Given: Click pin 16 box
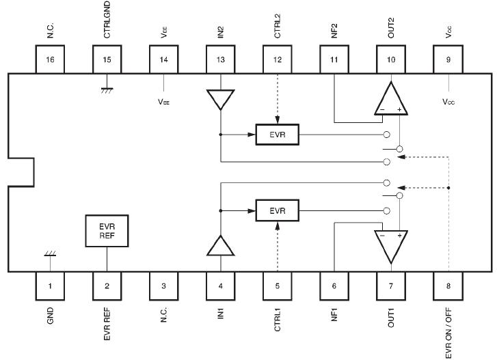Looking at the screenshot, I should coord(49,60).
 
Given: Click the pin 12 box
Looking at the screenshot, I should coord(277,60).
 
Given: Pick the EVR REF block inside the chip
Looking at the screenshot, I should coord(106,231).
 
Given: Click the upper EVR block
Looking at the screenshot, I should coord(277,134).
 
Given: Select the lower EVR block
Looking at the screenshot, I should coord(277,210).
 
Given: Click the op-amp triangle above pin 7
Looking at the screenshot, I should coord(391,245).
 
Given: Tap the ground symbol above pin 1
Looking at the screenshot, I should coord(49,254).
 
